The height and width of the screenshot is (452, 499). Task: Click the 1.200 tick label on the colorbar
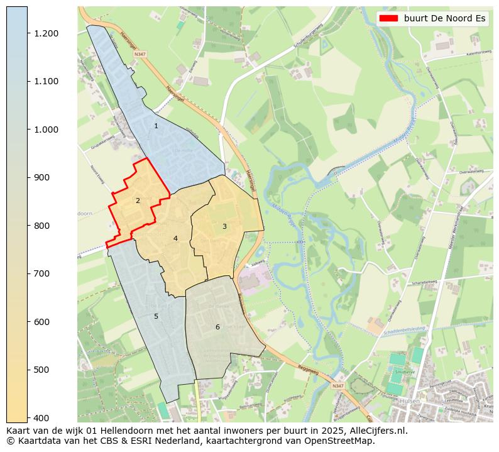tap(47, 33)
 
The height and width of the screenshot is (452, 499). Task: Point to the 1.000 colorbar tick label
tap(47, 130)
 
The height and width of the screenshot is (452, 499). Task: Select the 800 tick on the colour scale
tap(42, 226)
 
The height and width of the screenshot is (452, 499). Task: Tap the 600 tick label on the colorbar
tap(42, 322)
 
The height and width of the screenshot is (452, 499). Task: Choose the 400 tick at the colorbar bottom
tap(42, 417)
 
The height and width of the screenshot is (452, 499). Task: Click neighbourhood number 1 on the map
tap(156, 126)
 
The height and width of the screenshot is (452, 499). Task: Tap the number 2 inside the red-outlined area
tap(138, 201)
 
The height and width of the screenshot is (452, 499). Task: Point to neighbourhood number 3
tap(224, 226)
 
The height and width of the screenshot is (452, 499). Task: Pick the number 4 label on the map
tap(175, 238)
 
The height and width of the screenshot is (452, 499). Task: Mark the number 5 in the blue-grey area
tap(156, 316)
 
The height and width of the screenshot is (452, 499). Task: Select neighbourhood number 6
tap(217, 327)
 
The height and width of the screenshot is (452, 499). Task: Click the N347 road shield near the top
tap(140, 55)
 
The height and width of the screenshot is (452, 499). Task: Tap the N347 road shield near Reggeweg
tap(337, 385)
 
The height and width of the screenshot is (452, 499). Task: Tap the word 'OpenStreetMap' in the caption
tap(343, 441)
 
